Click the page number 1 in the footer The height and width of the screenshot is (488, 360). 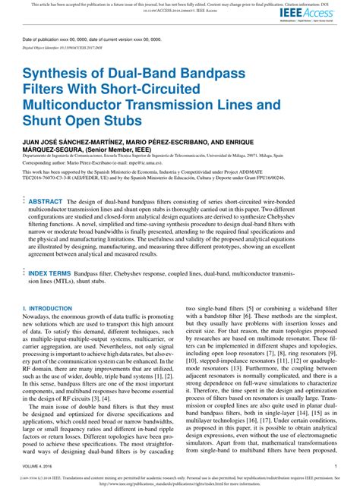(x=335, y=465)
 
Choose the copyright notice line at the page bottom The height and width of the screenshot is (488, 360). (x=180, y=478)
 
